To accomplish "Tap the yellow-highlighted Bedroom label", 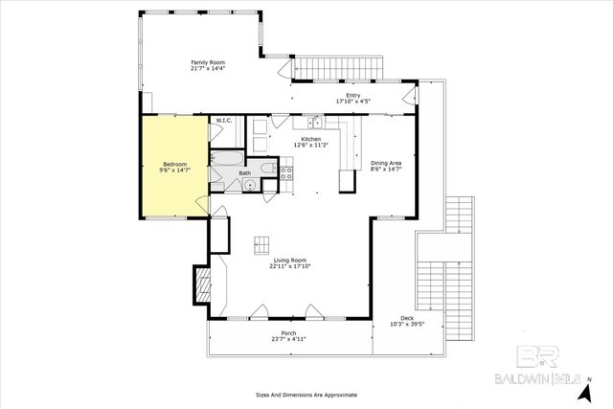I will [x=175, y=166].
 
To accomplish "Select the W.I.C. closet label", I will [x=223, y=121].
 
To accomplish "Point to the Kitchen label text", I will [x=311, y=142].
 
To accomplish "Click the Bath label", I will [x=245, y=173].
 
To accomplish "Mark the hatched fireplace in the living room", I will [x=202, y=284].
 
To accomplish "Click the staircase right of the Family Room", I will [x=337, y=68].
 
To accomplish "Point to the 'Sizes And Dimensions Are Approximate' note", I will [x=306, y=394].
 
